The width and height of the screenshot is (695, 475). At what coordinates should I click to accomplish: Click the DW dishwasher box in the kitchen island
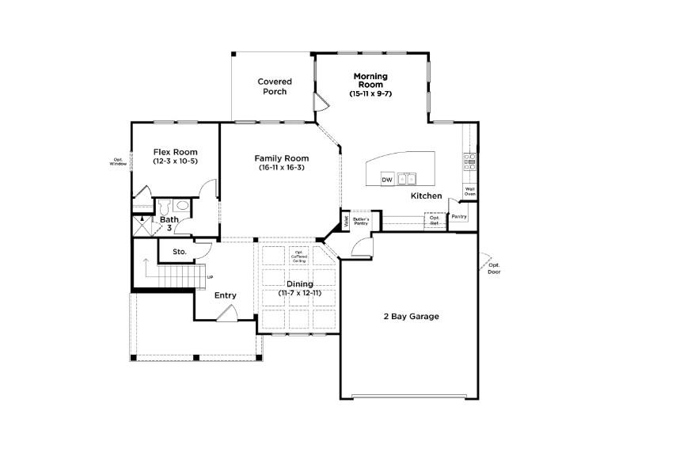[x=387, y=180]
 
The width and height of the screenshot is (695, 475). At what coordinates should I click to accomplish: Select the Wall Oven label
[x=469, y=191]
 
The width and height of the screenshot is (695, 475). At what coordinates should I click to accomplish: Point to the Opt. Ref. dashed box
[x=435, y=221]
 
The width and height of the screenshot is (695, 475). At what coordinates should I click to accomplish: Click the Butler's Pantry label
[x=362, y=221]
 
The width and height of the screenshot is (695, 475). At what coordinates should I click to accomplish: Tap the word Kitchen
[x=426, y=196]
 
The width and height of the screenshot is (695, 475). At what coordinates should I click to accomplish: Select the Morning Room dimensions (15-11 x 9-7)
[x=370, y=94]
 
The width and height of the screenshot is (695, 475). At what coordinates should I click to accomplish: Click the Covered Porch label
[x=275, y=86]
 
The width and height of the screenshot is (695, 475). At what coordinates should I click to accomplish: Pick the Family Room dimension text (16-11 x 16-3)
[x=281, y=167]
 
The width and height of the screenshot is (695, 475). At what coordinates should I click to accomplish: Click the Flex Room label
[x=175, y=152]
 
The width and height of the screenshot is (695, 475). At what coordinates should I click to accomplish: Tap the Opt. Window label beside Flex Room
[x=118, y=161]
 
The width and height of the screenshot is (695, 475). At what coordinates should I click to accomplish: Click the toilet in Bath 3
[x=165, y=207]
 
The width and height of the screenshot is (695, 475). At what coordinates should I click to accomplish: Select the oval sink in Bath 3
[x=183, y=204]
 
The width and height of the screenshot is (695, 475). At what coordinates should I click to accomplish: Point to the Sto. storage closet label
[x=180, y=252]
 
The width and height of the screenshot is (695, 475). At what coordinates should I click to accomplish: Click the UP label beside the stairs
[x=210, y=277]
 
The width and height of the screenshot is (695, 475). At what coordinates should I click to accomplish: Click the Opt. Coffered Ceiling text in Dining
[x=300, y=256]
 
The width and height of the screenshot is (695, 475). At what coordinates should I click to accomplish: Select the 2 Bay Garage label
[x=411, y=317]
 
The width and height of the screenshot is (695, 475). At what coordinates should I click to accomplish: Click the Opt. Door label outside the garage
[x=495, y=268]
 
